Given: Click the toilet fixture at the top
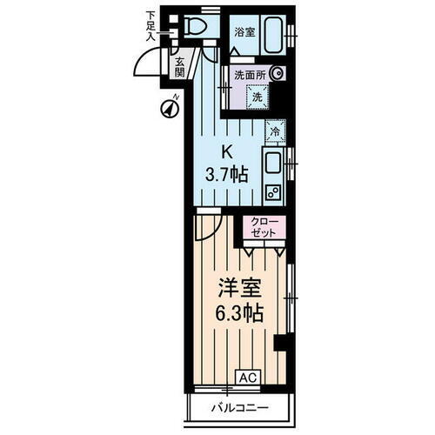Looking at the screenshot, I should [195, 27].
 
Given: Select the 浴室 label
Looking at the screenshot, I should [244, 31].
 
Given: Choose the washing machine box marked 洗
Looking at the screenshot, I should [257, 97].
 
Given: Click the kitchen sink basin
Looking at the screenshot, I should [271, 161].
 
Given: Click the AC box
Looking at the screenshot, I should [248, 378].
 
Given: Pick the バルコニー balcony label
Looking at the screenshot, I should [238, 408].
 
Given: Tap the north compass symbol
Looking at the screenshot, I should [169, 109].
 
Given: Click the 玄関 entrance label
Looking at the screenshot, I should [178, 67].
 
